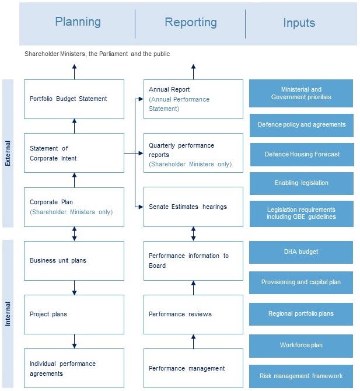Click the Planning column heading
(x=78, y=22)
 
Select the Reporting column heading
(x=190, y=23)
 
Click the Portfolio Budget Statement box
(x=74, y=99)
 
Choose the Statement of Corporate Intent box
(x=74, y=153)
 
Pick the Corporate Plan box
(x=74, y=207)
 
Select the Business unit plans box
(x=74, y=260)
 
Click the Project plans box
(x=74, y=314)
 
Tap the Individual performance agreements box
(x=74, y=368)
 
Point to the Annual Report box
(x=193, y=99)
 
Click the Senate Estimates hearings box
(x=193, y=207)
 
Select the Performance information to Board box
(x=193, y=260)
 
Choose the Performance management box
(x=193, y=368)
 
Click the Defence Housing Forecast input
(x=301, y=155)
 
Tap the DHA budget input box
(x=301, y=252)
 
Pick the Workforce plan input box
(x=301, y=345)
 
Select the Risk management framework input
(x=301, y=376)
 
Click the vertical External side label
(x=8, y=153)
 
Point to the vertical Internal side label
(x=8, y=314)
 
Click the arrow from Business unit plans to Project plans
(x=74, y=288)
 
